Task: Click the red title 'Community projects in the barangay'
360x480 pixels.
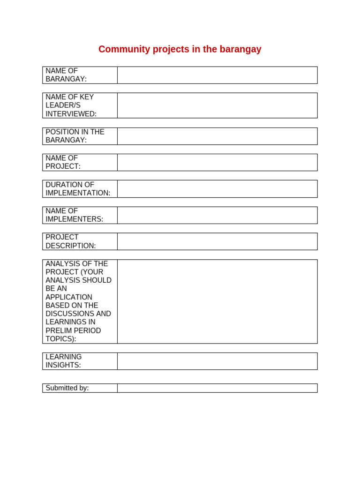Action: pyautogui.click(x=180, y=49)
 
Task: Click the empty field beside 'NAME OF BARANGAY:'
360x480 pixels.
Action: pyautogui.click(x=217, y=75)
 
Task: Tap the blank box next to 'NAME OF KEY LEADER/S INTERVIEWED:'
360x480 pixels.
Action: pyautogui.click(x=217, y=105)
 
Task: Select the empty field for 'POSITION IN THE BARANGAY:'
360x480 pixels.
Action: pyautogui.click(x=217, y=136)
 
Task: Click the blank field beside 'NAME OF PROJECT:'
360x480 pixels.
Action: pyautogui.click(x=217, y=162)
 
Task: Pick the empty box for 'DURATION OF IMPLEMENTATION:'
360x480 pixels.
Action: pyautogui.click(x=217, y=189)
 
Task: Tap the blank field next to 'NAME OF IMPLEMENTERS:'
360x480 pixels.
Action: pyautogui.click(x=217, y=215)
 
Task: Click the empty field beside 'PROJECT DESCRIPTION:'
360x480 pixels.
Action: pyautogui.click(x=217, y=241)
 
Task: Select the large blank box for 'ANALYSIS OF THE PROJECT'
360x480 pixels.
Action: pyautogui.click(x=217, y=301)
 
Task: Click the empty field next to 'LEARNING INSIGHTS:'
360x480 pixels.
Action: pyautogui.click(x=217, y=361)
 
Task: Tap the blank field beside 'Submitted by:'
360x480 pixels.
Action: pyautogui.click(x=217, y=388)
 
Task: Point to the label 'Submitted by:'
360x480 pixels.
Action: pyautogui.click(x=67, y=388)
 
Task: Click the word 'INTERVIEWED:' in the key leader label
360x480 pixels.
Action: pyautogui.click(x=71, y=114)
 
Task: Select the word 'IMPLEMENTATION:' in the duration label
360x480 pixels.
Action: pyautogui.click(x=78, y=193)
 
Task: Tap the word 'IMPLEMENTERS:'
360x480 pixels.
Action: pyautogui.click(x=74, y=219)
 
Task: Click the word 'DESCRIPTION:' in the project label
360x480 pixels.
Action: pyautogui.click(x=70, y=246)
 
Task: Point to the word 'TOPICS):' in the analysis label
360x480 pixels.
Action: pyautogui.click(x=60, y=339)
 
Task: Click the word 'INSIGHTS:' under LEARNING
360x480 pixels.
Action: pyautogui.click(x=63, y=365)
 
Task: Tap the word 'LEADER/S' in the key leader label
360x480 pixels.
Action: pyautogui.click(x=63, y=105)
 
